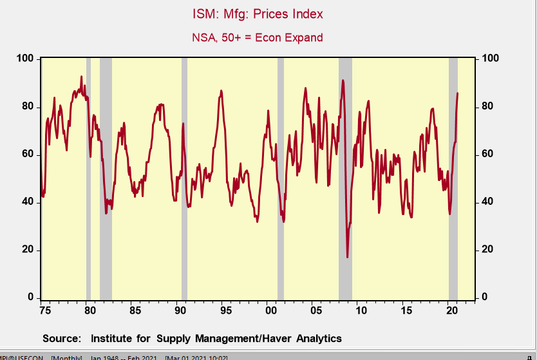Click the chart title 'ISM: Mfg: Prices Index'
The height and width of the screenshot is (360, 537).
tap(258, 14)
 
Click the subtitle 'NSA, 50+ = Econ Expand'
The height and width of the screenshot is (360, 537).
tap(258, 37)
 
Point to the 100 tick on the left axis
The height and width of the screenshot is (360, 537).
tap(25, 59)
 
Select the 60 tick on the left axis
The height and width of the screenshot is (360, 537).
tap(28, 155)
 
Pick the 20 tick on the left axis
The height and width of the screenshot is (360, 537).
tap(28, 251)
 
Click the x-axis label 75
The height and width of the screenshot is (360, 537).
tap(44, 311)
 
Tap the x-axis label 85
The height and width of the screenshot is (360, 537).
tap(135, 311)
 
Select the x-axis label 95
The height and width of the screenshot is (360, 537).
tap(225, 311)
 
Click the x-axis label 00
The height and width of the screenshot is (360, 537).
tap(270, 311)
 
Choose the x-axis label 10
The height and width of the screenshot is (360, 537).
tap(361, 311)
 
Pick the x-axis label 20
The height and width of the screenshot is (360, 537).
tap(451, 311)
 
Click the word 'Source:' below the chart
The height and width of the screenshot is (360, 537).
tap(62, 338)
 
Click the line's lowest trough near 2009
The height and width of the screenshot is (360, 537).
tap(348, 257)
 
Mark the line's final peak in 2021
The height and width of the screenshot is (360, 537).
tap(458, 93)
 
